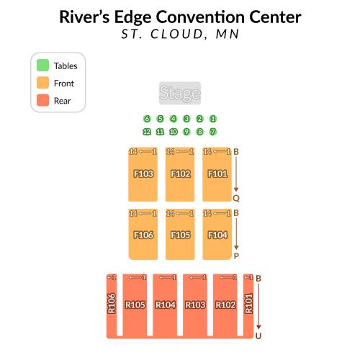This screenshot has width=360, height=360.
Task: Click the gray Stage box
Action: (180, 93)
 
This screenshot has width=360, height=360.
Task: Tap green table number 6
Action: (147, 119)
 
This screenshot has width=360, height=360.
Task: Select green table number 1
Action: (212, 119)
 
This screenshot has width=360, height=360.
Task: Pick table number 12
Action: (147, 132)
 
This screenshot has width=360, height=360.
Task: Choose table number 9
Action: (186, 132)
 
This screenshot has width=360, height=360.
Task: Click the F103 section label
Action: (143, 174)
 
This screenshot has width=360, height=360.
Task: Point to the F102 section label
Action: (181, 174)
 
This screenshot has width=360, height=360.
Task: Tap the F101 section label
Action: (217, 174)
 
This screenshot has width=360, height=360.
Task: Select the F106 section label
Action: (143, 235)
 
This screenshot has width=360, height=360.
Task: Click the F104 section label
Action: (217, 235)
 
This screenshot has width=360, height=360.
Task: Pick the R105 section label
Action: (135, 305)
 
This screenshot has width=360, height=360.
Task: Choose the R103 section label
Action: (195, 305)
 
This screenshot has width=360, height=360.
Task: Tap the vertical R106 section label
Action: (112, 303)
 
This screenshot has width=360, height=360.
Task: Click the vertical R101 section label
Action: (248, 303)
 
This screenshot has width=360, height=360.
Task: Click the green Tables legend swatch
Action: (42, 65)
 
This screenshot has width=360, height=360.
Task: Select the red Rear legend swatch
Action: (42, 100)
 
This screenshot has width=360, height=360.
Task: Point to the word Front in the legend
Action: (64, 84)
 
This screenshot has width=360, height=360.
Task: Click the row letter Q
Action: (236, 199)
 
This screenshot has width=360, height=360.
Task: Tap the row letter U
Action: (258, 336)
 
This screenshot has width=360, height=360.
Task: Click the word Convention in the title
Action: (200, 17)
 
